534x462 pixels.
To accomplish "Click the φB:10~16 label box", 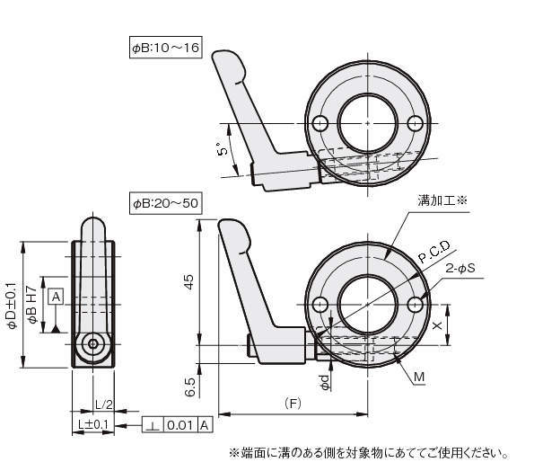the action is coord(165,47).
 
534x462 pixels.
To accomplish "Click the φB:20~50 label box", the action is coord(165,203).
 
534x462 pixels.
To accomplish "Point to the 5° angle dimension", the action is coord(223,150).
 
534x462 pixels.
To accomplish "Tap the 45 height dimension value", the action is coord(188,281).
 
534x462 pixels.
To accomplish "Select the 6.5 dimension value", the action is coord(191,387).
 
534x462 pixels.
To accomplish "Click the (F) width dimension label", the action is coord(293,404).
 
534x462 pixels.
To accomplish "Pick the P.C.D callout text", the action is coord(434,252).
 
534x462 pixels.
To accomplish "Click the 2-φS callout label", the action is coord(460,269).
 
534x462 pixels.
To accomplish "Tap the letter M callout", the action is coord(419,377).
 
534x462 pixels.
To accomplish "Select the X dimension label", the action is coord(437,325).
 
